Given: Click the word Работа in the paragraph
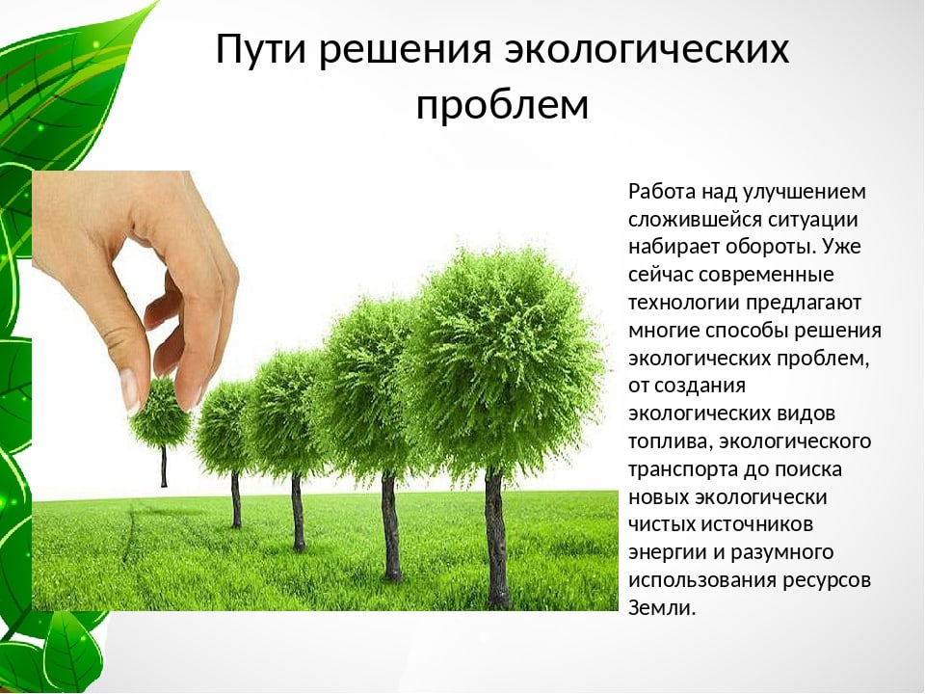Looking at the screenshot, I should tap(662, 191).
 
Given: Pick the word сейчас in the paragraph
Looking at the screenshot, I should tap(660, 274).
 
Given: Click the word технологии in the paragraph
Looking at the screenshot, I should tap(684, 302).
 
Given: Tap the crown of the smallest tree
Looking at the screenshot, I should tap(162, 414).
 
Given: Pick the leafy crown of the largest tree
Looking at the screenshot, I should tap(501, 357).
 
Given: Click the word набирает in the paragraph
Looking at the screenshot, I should tap(669, 246).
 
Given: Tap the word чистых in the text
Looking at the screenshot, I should tap(659, 524).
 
